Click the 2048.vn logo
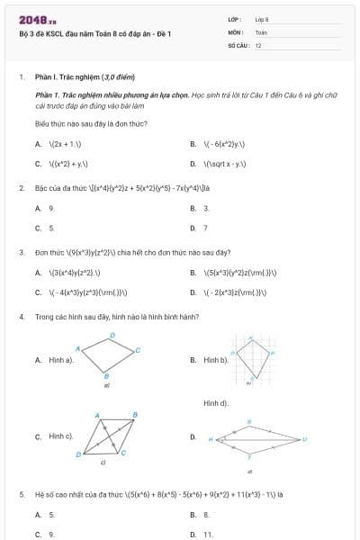point(37,20)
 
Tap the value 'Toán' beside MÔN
point(261,31)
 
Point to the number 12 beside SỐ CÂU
point(258,44)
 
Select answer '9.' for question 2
point(51,208)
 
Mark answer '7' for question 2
point(205,229)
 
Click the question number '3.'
point(21,252)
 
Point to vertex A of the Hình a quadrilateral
point(79,347)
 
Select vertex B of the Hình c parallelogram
point(135,415)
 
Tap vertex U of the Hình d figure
point(304,439)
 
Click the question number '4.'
point(21,318)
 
